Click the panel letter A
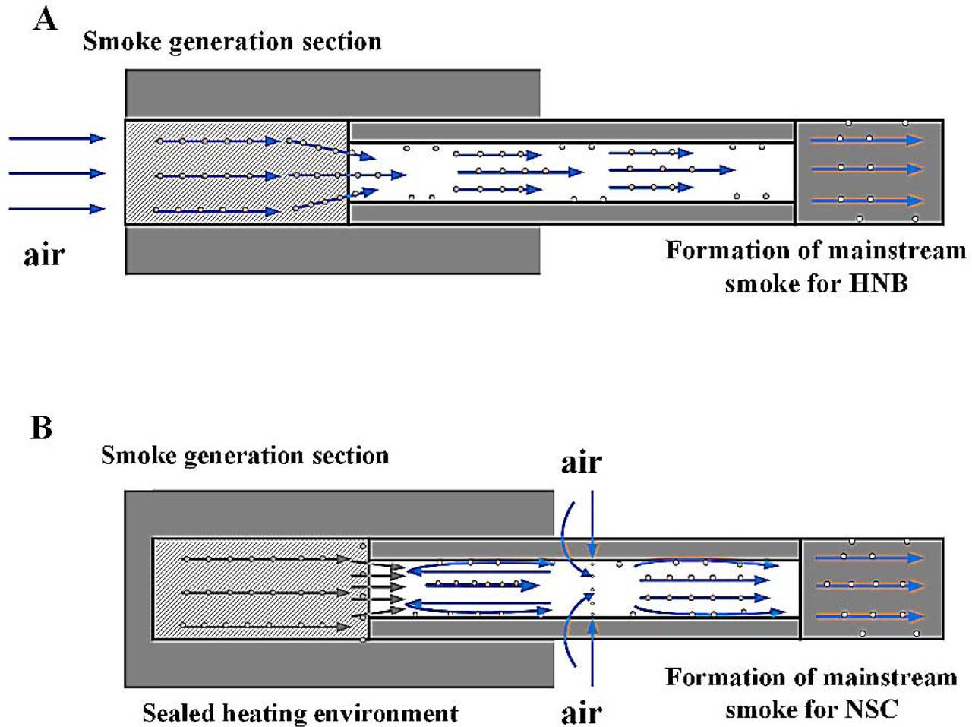coord(45,19)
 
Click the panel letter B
coord(42,428)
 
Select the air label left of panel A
coord(44,254)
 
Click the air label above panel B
coord(581,462)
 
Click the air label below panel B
coord(581,713)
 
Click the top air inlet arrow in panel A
coord(57,138)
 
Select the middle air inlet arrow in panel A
coord(57,173)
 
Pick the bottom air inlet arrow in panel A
coord(57,208)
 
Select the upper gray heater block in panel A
coord(333,93)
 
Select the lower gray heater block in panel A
coord(333,250)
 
